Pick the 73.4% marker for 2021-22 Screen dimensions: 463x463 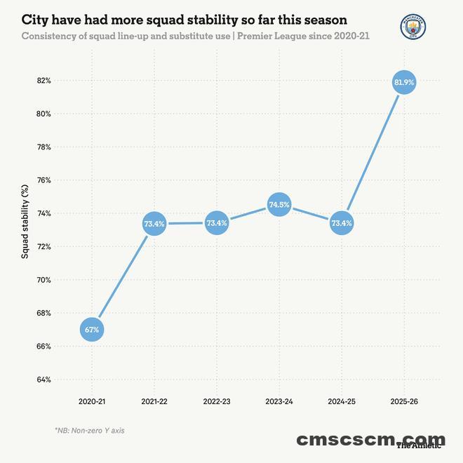point(154,224)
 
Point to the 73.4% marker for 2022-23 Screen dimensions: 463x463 point(217,224)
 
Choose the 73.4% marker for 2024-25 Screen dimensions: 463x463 point(342,224)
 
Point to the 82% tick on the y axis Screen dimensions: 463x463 point(44,81)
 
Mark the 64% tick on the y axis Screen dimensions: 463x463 point(44,380)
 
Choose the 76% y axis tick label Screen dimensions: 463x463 point(44,180)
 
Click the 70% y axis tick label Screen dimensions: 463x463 point(44,280)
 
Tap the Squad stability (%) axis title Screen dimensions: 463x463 point(25,222)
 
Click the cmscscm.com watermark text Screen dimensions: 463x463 point(370,440)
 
